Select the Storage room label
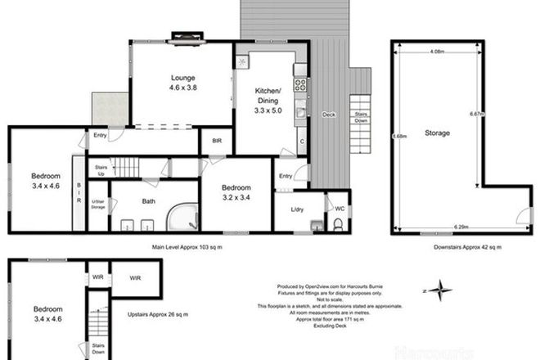[x=437, y=132]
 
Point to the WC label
[x=340, y=209]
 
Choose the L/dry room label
[x=297, y=209]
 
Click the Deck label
[x=328, y=114]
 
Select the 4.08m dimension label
[x=437, y=52]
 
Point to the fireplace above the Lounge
[x=185, y=35]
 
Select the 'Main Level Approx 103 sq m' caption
[x=187, y=245]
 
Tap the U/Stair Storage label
[x=97, y=205]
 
